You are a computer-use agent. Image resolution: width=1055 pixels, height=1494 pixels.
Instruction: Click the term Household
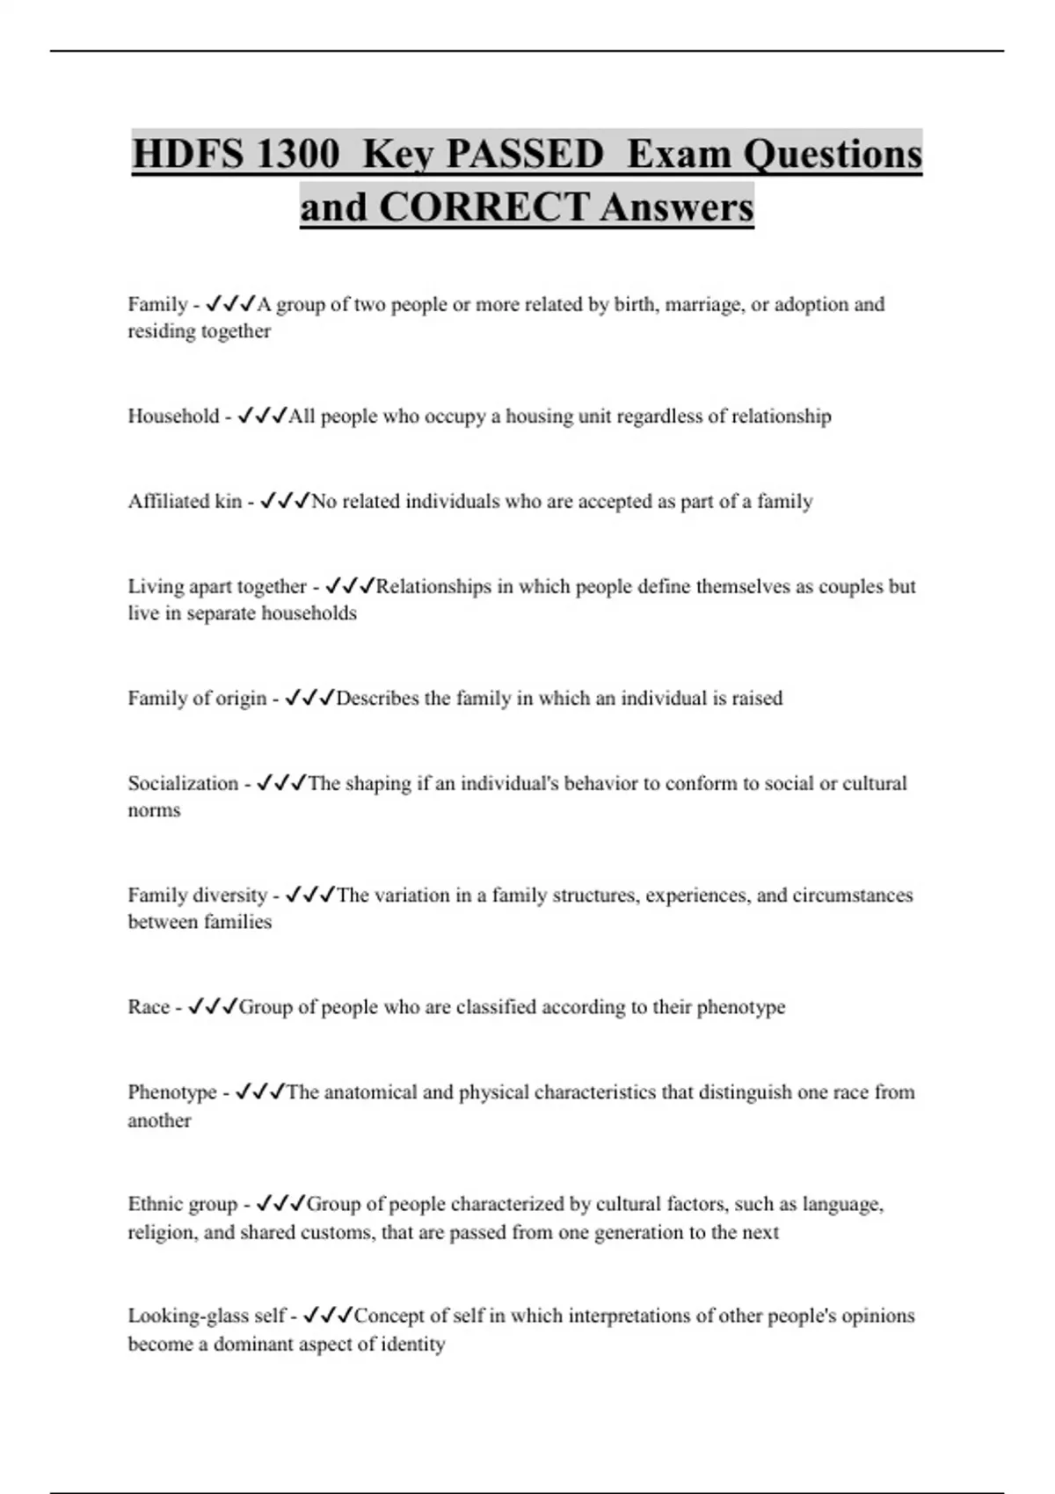(173, 416)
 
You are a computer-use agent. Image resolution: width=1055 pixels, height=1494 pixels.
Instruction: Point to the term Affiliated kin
(185, 501)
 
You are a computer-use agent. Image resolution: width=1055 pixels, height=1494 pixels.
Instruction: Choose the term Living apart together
(217, 586)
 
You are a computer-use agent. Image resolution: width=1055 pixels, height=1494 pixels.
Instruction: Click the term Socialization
(183, 783)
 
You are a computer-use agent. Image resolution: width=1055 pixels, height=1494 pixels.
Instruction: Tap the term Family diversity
(197, 895)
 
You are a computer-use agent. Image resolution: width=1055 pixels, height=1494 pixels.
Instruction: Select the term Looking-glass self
(207, 1316)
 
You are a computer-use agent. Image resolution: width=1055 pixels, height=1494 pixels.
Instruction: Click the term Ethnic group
(183, 1204)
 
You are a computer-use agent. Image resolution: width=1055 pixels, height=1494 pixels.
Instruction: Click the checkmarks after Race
(213, 1006)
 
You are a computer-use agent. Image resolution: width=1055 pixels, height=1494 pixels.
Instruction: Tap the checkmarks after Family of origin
(310, 698)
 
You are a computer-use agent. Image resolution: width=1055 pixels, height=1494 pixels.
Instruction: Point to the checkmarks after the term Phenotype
(260, 1092)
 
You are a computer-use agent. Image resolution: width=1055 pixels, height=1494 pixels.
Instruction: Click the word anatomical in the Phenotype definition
(370, 1092)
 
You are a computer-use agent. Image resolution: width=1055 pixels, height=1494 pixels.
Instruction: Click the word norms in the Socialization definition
(154, 810)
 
